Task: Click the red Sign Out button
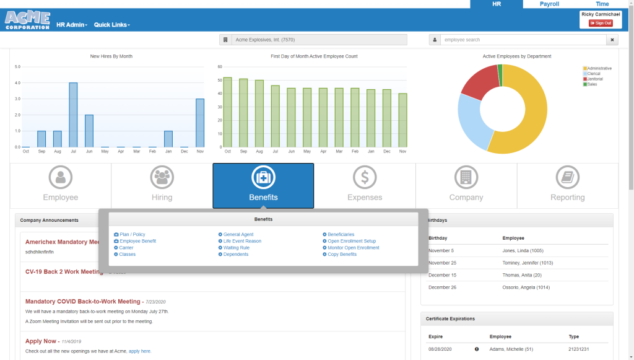pos(600,23)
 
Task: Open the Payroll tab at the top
pos(549,4)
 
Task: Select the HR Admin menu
pos(71,25)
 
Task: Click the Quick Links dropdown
pos(111,25)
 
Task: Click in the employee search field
pos(523,40)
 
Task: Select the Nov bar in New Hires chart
pos(200,123)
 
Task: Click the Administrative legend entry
pos(599,68)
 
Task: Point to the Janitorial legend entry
pos(594,79)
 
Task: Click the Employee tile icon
pos(61,178)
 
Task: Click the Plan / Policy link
pos(132,234)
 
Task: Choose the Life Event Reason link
pos(242,241)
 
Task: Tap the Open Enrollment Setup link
pos(352,241)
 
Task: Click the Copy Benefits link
pos(342,254)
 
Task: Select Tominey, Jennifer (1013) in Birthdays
pos(528,263)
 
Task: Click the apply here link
pos(139,351)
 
